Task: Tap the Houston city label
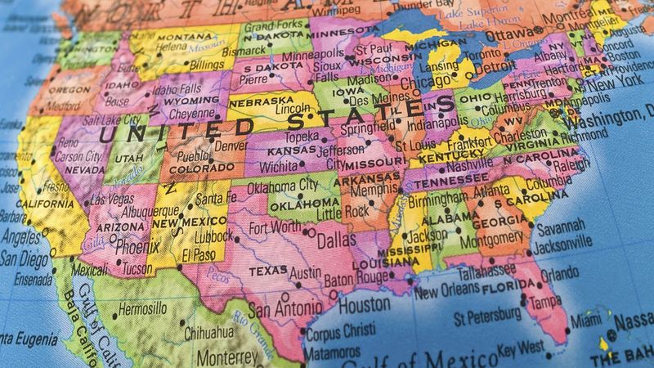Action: [x=364, y=304]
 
